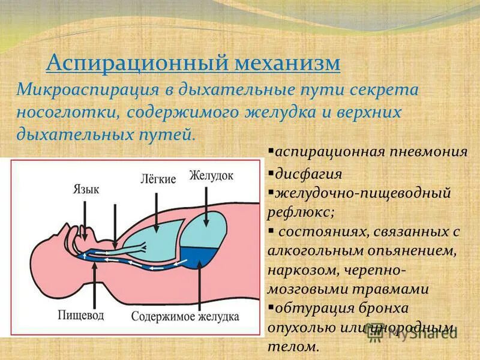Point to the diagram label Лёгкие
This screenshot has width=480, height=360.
158,179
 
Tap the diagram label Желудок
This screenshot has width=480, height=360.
211,175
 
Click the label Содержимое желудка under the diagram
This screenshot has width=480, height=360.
185,316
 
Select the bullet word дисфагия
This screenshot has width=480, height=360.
308,174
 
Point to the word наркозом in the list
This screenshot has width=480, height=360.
301,269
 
